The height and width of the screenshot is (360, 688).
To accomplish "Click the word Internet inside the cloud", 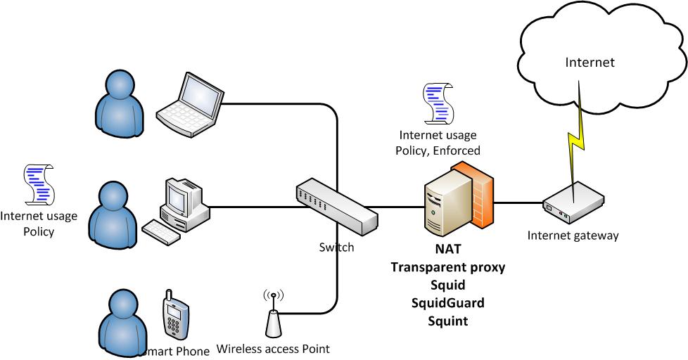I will click(590, 63).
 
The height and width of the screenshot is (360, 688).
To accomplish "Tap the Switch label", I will click(336, 247).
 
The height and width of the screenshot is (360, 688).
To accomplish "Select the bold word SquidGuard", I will click(448, 304).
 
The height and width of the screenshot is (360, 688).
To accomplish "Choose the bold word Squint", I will click(448, 321).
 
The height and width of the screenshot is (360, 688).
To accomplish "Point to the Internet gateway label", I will click(573, 236).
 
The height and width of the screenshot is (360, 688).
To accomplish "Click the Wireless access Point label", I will click(273, 348).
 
